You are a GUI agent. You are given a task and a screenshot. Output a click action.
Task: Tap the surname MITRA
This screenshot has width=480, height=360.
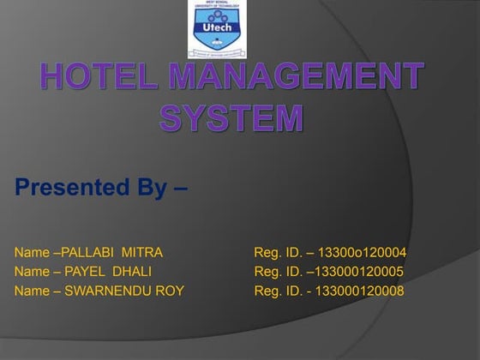142,252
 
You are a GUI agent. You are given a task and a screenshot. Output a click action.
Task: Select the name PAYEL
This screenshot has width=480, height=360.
84,272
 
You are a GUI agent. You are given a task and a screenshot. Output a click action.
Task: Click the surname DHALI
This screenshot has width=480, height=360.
132,272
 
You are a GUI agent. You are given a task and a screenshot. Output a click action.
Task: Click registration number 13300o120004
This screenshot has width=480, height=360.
362,252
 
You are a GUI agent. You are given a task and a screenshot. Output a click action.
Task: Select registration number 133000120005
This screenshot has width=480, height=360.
360,272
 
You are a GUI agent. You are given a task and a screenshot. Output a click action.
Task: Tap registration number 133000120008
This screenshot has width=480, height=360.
360,291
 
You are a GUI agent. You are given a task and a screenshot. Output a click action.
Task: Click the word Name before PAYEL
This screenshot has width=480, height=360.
32,272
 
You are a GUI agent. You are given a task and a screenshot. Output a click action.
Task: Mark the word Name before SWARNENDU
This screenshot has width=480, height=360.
32,291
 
